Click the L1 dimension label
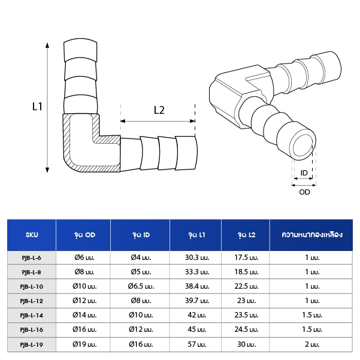click(x=37, y=107)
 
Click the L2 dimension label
click(x=159, y=110)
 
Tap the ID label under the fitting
click(x=304, y=173)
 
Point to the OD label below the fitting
click(x=304, y=192)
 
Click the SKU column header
click(x=32, y=235)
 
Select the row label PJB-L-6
click(x=32, y=258)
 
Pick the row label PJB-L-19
click(x=32, y=344)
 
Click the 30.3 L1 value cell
click(x=197, y=258)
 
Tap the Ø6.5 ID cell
click(x=141, y=286)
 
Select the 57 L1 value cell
click(x=197, y=344)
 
